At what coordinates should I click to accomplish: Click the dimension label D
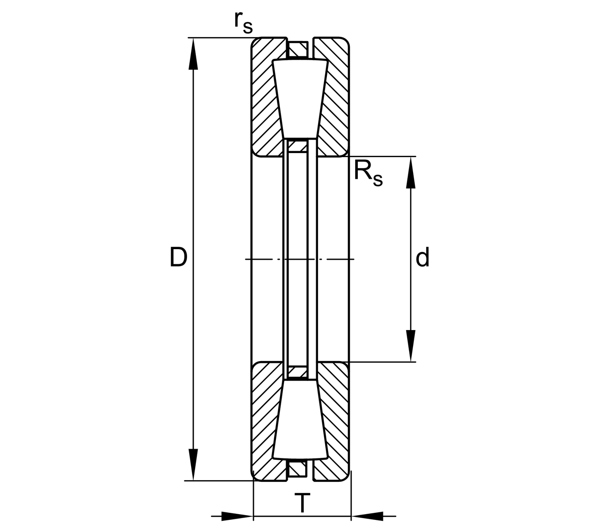[x=178, y=258]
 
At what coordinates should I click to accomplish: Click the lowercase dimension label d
[x=422, y=258]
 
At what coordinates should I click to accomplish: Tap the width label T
[x=302, y=503]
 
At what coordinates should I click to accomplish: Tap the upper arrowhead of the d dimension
[x=411, y=173]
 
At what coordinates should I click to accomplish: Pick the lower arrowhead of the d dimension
[x=411, y=345]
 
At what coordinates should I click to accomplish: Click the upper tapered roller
[x=300, y=97]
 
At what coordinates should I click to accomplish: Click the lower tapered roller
[x=300, y=420]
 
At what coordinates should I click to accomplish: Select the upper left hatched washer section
[x=265, y=97]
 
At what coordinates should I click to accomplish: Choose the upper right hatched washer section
[x=334, y=97]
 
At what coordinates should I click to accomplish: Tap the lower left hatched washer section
[x=265, y=420]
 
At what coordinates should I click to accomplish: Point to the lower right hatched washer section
[x=334, y=420]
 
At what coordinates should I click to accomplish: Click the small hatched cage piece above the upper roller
[x=297, y=49]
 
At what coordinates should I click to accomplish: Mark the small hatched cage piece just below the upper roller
[x=297, y=146]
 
